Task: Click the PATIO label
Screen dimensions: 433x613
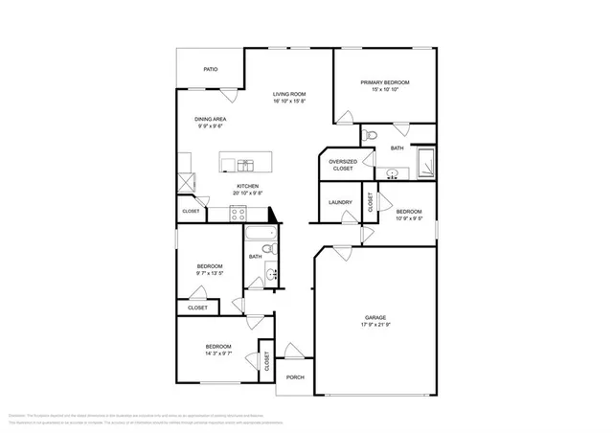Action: tap(210, 69)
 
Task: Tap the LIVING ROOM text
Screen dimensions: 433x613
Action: tap(288, 94)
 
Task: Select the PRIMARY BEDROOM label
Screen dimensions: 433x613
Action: tap(384, 82)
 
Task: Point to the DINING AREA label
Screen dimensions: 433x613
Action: tap(211, 119)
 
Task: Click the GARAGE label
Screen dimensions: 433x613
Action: tap(375, 317)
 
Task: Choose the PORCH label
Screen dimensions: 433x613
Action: tap(295, 376)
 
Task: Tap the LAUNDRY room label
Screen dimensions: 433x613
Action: tap(340, 202)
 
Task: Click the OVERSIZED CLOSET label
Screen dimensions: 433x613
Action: tap(342, 165)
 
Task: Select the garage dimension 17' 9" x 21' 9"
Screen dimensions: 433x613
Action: tap(375, 326)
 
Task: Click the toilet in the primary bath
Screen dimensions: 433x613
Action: tap(373, 135)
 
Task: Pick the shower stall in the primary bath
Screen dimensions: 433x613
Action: tap(422, 162)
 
